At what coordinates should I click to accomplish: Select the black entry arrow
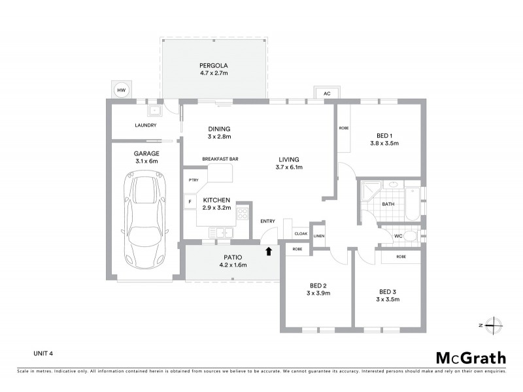pos(267,250)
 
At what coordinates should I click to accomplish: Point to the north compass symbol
pos(493,325)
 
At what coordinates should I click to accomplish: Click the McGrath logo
pos(471,357)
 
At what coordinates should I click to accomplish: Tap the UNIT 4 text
pos(43,353)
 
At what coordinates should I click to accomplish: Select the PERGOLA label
pos(213,66)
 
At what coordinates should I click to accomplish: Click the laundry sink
pos(155,110)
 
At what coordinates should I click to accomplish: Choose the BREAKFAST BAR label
pos(220,159)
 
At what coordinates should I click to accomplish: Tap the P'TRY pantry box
pos(194,180)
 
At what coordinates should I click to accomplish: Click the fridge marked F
pos(190,202)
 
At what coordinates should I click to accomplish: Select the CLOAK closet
pos(301,233)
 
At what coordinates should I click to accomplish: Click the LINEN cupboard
pos(319,236)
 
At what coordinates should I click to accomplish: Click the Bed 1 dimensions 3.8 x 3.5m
pos(384,143)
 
